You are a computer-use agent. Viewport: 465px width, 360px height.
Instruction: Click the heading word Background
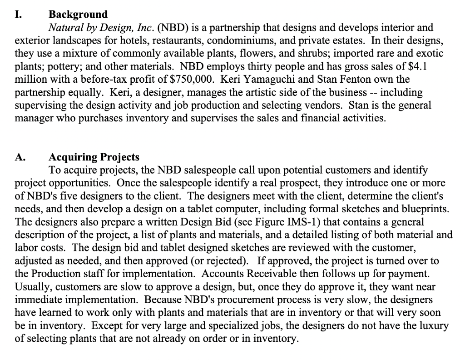click(x=78, y=15)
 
